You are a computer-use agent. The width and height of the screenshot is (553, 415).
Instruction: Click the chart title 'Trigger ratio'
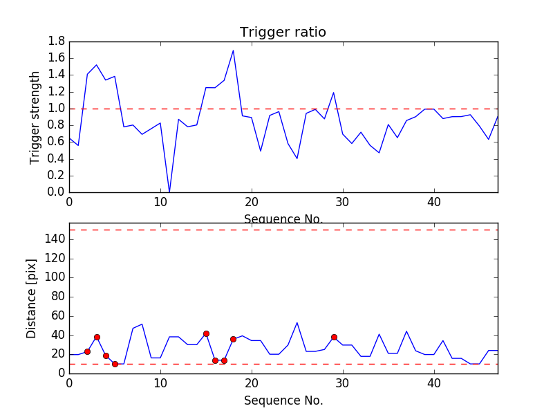[283, 33]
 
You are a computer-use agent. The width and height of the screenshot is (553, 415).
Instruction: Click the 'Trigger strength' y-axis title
[35, 117]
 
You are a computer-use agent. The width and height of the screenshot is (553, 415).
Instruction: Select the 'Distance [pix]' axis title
[32, 298]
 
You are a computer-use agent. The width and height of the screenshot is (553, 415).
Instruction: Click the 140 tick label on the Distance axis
[55, 239]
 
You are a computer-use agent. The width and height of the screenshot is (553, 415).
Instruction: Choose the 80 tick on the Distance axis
[57, 297]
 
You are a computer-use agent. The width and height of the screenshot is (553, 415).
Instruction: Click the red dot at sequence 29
[334, 337]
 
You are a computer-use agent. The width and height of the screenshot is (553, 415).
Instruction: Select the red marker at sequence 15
[206, 333]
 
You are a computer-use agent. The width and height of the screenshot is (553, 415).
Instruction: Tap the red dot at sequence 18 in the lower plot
[233, 339]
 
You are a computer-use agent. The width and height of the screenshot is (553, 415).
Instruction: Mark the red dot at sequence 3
[97, 337]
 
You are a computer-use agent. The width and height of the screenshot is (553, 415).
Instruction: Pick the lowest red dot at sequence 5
[115, 364]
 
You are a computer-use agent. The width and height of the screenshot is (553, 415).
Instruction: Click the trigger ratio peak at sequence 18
[233, 50]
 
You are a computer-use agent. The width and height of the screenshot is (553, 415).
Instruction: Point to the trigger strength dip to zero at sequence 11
[169, 192]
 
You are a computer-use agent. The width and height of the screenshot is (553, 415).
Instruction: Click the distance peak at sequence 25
[297, 322]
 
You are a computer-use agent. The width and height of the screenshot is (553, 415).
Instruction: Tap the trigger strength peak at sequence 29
[333, 93]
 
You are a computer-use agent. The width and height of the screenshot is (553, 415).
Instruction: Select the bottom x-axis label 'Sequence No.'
[283, 400]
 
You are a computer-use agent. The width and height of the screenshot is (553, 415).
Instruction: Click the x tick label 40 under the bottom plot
[434, 382]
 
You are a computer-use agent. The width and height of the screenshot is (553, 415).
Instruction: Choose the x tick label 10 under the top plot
[160, 202]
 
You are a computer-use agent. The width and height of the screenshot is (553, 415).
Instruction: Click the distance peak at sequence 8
[142, 324]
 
